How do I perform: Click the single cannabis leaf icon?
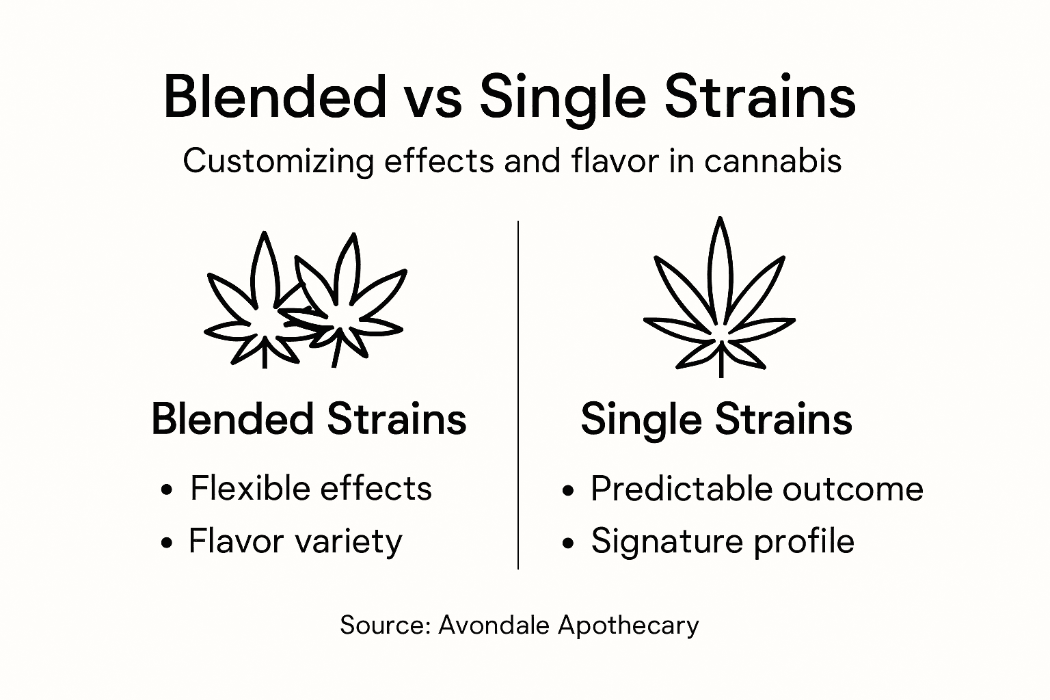tap(719, 294)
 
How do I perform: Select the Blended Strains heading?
tap(308, 418)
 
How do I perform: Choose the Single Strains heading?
tap(716, 419)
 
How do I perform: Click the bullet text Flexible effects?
tap(311, 488)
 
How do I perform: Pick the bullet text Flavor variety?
tap(295, 541)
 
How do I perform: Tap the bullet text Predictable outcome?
tap(757, 489)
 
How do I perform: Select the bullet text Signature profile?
tap(723, 541)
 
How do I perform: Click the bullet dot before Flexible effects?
tap(166, 490)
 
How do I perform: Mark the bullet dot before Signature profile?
tap(567, 543)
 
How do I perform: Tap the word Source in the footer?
tap(383, 625)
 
